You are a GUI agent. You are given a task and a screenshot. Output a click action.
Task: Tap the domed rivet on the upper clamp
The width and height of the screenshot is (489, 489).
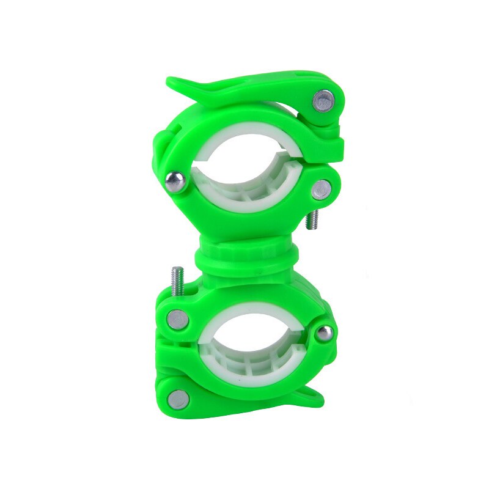coord(175,182)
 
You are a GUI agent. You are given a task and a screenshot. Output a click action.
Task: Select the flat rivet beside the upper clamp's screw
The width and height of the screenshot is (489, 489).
coord(321,190)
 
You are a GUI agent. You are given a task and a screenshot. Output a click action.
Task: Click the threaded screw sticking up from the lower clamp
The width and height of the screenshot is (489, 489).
coord(177,278)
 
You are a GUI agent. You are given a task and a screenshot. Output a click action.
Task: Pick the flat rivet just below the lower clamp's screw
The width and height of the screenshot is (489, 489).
coord(178,319)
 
